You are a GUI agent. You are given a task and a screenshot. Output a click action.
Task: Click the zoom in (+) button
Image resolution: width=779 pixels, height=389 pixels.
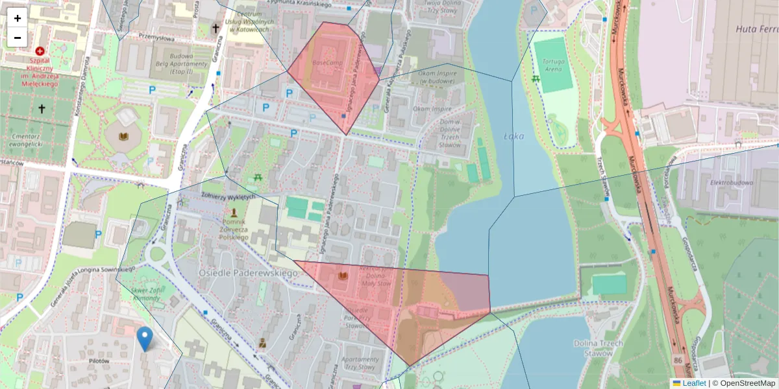tap(18, 18)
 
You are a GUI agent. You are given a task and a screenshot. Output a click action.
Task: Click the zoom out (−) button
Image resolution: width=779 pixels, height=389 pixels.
tap(18, 38)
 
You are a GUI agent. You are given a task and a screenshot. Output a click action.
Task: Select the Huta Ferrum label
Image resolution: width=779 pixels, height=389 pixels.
tap(757, 29)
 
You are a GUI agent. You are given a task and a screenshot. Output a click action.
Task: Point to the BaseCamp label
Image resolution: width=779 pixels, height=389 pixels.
tap(327, 63)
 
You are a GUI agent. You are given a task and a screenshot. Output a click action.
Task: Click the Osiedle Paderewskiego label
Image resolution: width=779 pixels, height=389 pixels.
tap(248, 273)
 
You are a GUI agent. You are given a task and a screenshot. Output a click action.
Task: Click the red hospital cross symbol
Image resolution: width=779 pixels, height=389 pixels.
tap(40, 51)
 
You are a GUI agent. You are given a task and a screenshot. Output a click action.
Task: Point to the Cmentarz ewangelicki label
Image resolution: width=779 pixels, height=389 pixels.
tap(32, 141)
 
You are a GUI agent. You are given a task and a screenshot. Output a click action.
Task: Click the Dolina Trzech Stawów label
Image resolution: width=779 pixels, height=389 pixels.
tap(599, 348)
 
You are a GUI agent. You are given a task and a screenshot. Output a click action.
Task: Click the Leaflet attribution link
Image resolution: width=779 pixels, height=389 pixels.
tap(693, 383)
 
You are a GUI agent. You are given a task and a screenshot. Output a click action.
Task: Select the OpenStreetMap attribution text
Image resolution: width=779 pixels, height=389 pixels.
tap(747, 383)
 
